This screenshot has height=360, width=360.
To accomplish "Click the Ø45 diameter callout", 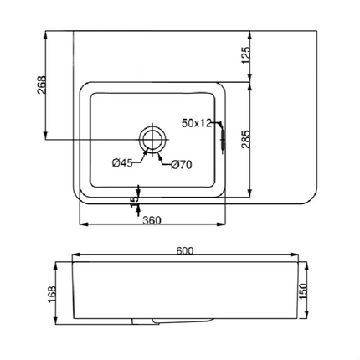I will (x=122, y=164).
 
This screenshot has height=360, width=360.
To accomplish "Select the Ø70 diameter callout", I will (x=182, y=165).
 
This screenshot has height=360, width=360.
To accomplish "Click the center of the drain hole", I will (x=152, y=138).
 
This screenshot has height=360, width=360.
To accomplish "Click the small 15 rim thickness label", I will (x=133, y=201).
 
